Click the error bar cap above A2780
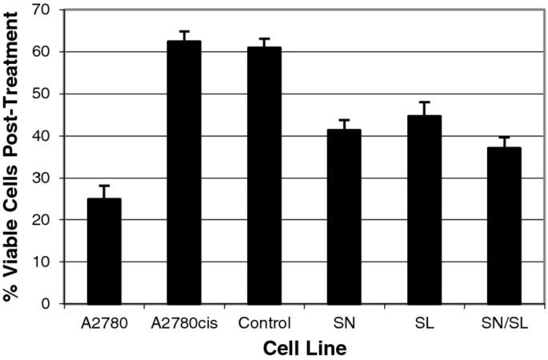coord(104,186)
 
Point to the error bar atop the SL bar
coord(424,108)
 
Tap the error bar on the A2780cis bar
coord(184,35)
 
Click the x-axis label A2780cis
coord(184,323)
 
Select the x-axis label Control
coord(264,323)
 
